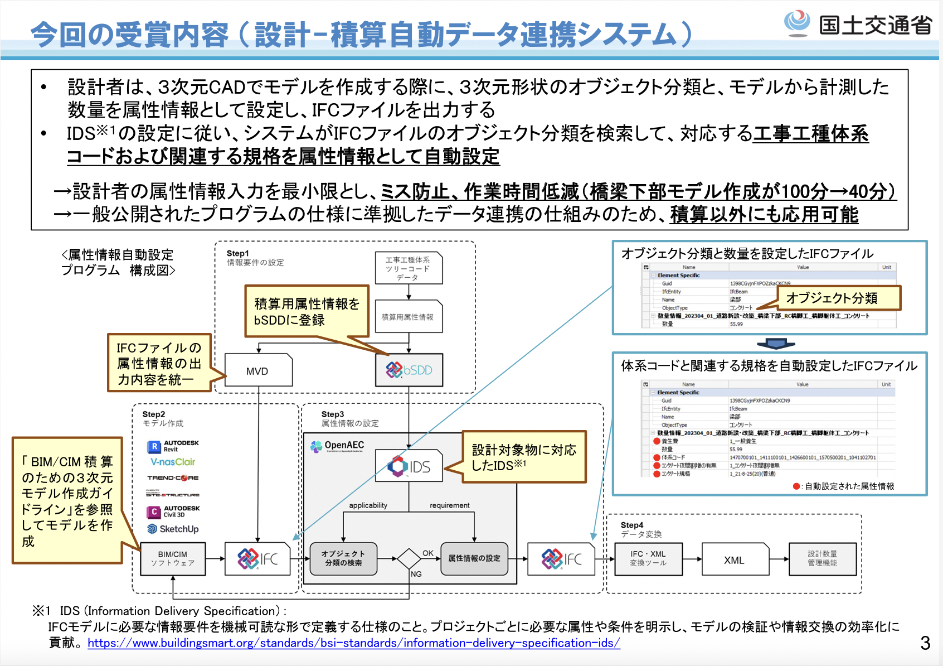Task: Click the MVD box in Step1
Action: pyautogui.click(x=258, y=370)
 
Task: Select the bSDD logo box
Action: pyautogui.click(x=409, y=370)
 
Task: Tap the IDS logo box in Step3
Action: pyautogui.click(x=409, y=466)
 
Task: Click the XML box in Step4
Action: pyautogui.click(x=735, y=559)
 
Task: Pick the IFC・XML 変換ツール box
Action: pyautogui.click(x=648, y=558)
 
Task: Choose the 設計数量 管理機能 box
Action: pyautogui.click(x=822, y=558)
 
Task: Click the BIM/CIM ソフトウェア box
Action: pyautogui.click(x=173, y=558)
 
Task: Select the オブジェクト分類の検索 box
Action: pyautogui.click(x=343, y=558)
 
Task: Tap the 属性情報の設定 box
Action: pyautogui.click(x=474, y=558)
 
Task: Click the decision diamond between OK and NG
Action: pyautogui.click(x=409, y=558)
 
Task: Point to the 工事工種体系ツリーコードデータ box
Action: pyautogui.click(x=409, y=268)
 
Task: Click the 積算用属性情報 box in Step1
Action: pyautogui.click(x=409, y=317)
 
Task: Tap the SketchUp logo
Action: pyautogui.click(x=173, y=529)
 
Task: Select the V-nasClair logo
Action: pyautogui.click(x=173, y=462)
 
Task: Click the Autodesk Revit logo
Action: pyautogui.click(x=173, y=446)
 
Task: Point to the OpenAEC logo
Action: pyautogui.click(x=338, y=446)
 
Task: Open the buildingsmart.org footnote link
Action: pyautogui.click(x=354, y=643)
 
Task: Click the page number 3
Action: pyautogui.click(x=925, y=643)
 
